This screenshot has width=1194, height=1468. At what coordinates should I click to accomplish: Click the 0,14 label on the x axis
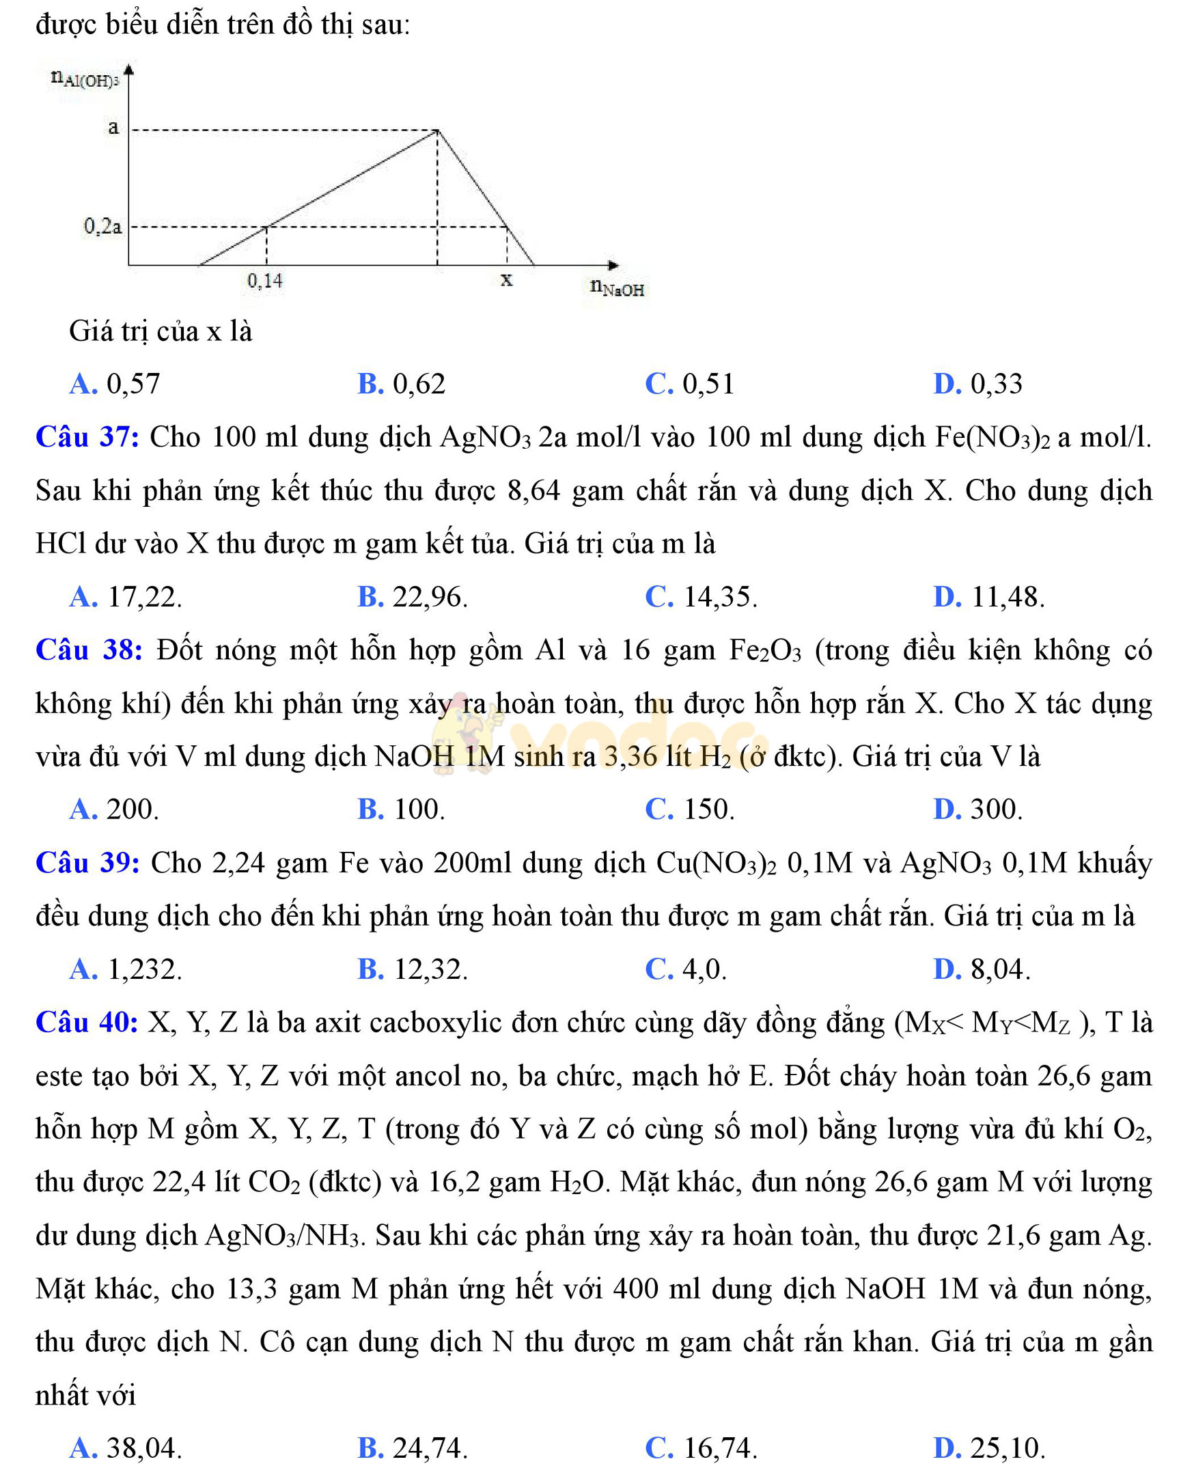tap(265, 281)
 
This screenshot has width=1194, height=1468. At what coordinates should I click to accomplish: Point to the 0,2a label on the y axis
tap(102, 225)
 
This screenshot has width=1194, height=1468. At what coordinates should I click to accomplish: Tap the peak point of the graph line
tap(437, 130)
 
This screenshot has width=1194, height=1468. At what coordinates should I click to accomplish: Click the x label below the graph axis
tap(506, 279)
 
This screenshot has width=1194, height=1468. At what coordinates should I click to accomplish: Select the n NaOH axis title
tap(617, 288)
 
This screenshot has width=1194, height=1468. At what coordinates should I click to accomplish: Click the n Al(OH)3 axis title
tap(85, 79)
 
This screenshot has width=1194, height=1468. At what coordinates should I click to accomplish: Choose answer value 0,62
tap(419, 384)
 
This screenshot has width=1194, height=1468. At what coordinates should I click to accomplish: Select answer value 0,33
tap(996, 384)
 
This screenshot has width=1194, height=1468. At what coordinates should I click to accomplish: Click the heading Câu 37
tap(87, 437)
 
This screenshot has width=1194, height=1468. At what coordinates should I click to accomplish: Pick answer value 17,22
tap(144, 597)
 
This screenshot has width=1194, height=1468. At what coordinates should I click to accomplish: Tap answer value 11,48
tap(1007, 597)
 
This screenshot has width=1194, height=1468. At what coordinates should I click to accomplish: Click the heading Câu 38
tap(88, 650)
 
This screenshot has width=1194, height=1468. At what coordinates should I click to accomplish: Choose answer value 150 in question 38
tap(709, 809)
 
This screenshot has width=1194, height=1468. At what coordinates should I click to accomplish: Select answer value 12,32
tap(430, 969)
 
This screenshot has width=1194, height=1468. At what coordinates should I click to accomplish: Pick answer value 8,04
tap(1000, 969)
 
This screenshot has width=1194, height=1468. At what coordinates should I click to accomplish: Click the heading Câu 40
tap(87, 1022)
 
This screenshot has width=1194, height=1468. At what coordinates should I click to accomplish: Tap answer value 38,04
tap(143, 1448)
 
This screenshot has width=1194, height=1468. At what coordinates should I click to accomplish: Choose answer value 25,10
tap(1008, 1448)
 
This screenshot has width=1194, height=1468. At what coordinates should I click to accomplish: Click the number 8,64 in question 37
tap(533, 491)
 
